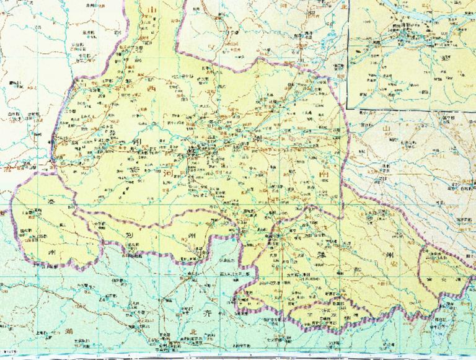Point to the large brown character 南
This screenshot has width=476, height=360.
[321, 175]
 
